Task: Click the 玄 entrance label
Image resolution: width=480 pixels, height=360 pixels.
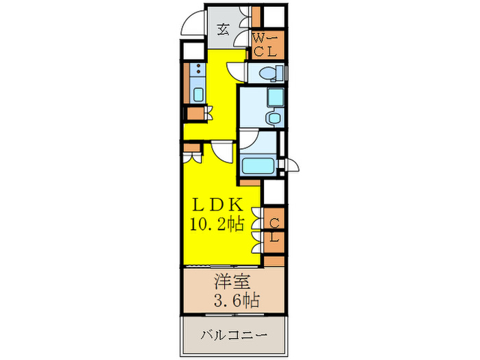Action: coord(224,29)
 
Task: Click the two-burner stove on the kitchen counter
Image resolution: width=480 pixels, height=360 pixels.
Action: coord(197,70)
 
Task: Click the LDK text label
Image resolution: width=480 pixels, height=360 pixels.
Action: coord(216,204)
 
